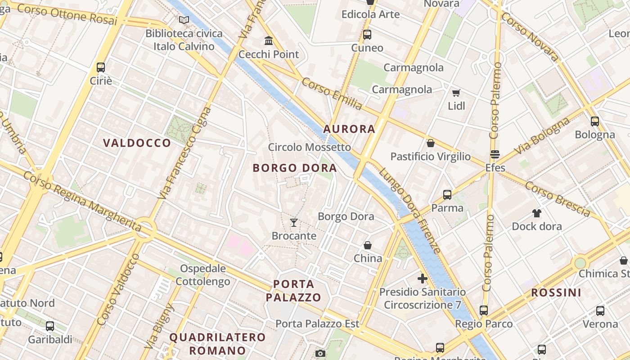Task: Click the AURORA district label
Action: click(x=349, y=129)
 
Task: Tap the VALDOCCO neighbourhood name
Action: click(x=137, y=143)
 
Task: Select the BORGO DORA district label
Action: click(x=295, y=168)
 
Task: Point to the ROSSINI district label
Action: click(x=556, y=292)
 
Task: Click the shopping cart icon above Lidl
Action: click(x=456, y=93)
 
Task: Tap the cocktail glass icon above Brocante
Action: click(x=294, y=222)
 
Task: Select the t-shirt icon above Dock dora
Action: click(x=536, y=213)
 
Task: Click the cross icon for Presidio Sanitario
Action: click(x=422, y=279)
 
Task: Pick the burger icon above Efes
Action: click(x=495, y=154)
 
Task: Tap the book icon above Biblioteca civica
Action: click(x=184, y=20)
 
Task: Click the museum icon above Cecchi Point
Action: click(x=269, y=41)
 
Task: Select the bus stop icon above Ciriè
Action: click(x=101, y=67)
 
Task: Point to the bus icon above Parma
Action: click(x=447, y=194)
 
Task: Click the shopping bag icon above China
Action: click(x=368, y=245)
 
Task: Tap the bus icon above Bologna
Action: click(x=595, y=121)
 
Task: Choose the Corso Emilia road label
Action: click(x=332, y=94)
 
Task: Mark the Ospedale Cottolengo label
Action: click(x=202, y=275)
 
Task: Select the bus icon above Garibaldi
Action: click(x=50, y=326)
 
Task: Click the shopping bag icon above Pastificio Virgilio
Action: click(x=430, y=143)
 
